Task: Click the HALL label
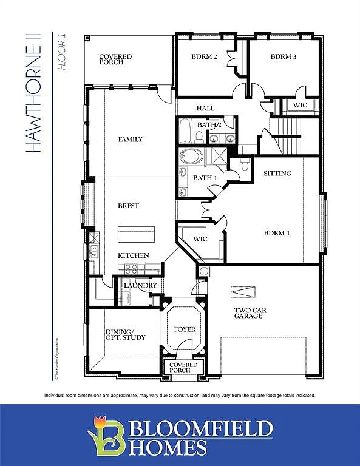(205, 108)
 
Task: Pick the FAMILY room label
(130, 140)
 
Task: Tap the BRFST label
(128, 206)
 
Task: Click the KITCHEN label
(133, 255)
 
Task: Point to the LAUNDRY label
(140, 285)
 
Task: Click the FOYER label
(185, 329)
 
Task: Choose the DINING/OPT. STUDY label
(126, 334)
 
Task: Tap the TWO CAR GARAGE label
(249, 313)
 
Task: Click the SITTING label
(277, 174)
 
